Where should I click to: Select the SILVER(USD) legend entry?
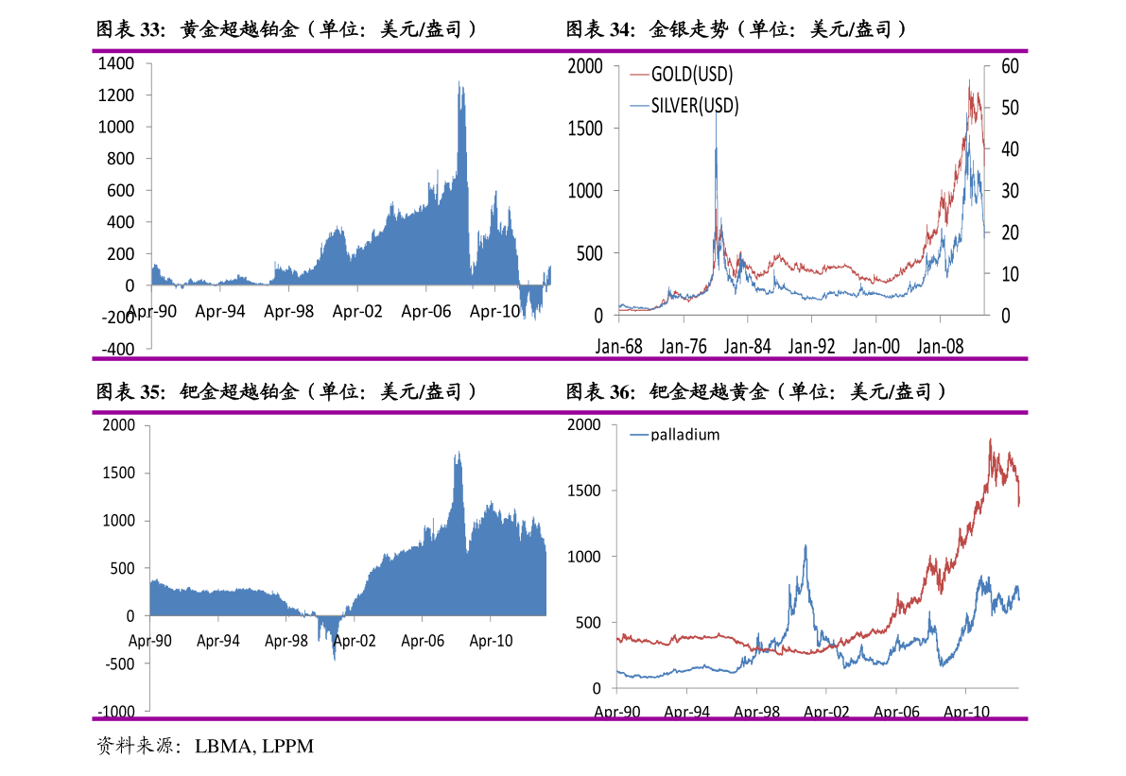point(695,105)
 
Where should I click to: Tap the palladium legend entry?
point(684,435)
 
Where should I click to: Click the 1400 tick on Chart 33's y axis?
point(115,64)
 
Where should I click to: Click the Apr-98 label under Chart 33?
point(288,311)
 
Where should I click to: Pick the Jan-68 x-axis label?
point(618,347)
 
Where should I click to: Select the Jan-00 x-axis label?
point(876,347)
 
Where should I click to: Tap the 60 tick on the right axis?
point(1011,66)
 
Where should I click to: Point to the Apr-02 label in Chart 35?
point(354,641)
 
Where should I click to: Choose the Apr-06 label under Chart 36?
point(895,713)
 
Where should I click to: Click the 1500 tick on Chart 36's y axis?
point(584,491)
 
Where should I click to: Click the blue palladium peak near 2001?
point(806,545)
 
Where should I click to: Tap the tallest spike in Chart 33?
point(459,83)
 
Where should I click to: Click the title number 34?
point(620,30)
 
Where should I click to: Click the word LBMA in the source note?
point(224,747)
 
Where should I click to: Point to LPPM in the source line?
point(288,747)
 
